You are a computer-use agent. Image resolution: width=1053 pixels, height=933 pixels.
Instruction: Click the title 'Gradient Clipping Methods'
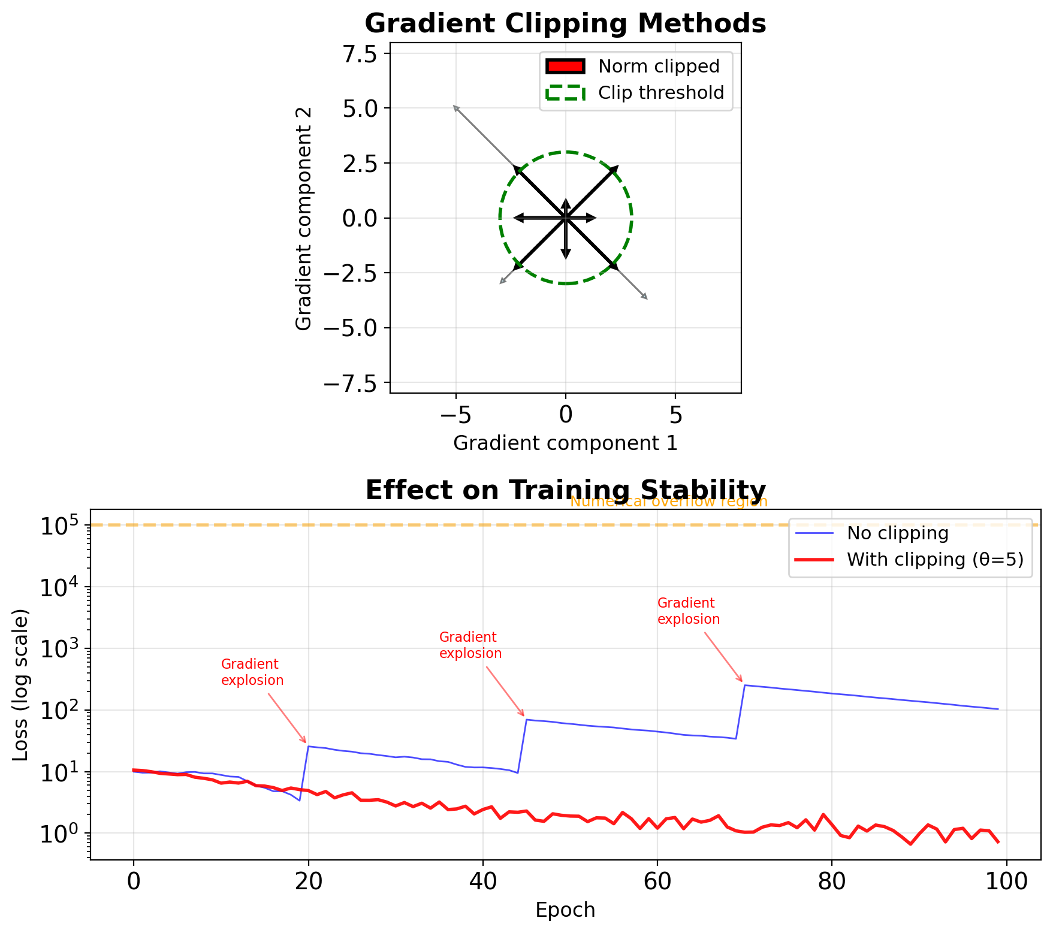pos(565,24)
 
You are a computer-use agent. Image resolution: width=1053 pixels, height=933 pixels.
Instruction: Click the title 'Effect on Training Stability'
pos(565,490)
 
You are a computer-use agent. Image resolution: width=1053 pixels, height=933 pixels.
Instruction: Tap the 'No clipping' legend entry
pos(897,533)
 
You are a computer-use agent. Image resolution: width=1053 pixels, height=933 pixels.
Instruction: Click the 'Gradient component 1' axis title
pos(565,443)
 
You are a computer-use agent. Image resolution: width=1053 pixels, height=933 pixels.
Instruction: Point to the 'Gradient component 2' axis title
pos(304,218)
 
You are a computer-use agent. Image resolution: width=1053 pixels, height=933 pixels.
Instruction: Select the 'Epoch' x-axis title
pos(565,910)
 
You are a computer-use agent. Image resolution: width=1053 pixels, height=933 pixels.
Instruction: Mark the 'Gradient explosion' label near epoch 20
pos(252,672)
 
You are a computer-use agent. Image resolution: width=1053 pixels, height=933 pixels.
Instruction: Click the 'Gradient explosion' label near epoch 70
pos(688,611)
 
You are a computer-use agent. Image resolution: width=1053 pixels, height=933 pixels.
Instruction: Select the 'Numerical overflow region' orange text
pos(668,502)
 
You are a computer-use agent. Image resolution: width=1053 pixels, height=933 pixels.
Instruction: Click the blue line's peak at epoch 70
pos(744,685)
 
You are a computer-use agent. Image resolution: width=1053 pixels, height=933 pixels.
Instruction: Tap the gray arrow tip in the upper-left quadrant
pos(454,106)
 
